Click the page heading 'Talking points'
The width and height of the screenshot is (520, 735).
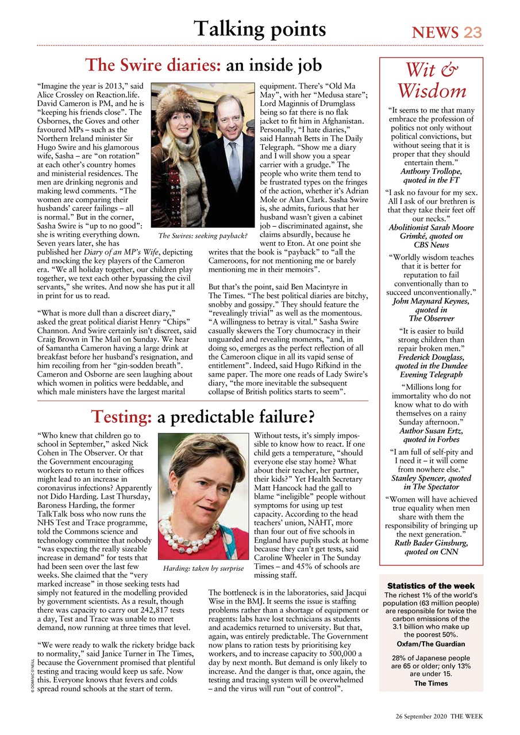(x=260, y=28)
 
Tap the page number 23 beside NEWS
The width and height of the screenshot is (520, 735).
(x=473, y=32)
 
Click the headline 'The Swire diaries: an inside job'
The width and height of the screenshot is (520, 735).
(x=203, y=65)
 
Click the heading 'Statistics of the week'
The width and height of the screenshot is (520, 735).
(x=431, y=586)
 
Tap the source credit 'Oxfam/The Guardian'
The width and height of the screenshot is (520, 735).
(x=431, y=644)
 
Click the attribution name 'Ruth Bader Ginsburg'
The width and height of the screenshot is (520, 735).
(x=431, y=542)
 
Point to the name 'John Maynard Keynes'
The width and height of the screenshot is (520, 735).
(x=431, y=301)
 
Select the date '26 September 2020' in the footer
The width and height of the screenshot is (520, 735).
(x=420, y=717)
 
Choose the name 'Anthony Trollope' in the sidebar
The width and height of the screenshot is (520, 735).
(x=431, y=171)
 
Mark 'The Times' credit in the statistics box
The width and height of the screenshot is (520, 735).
(x=431, y=683)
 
